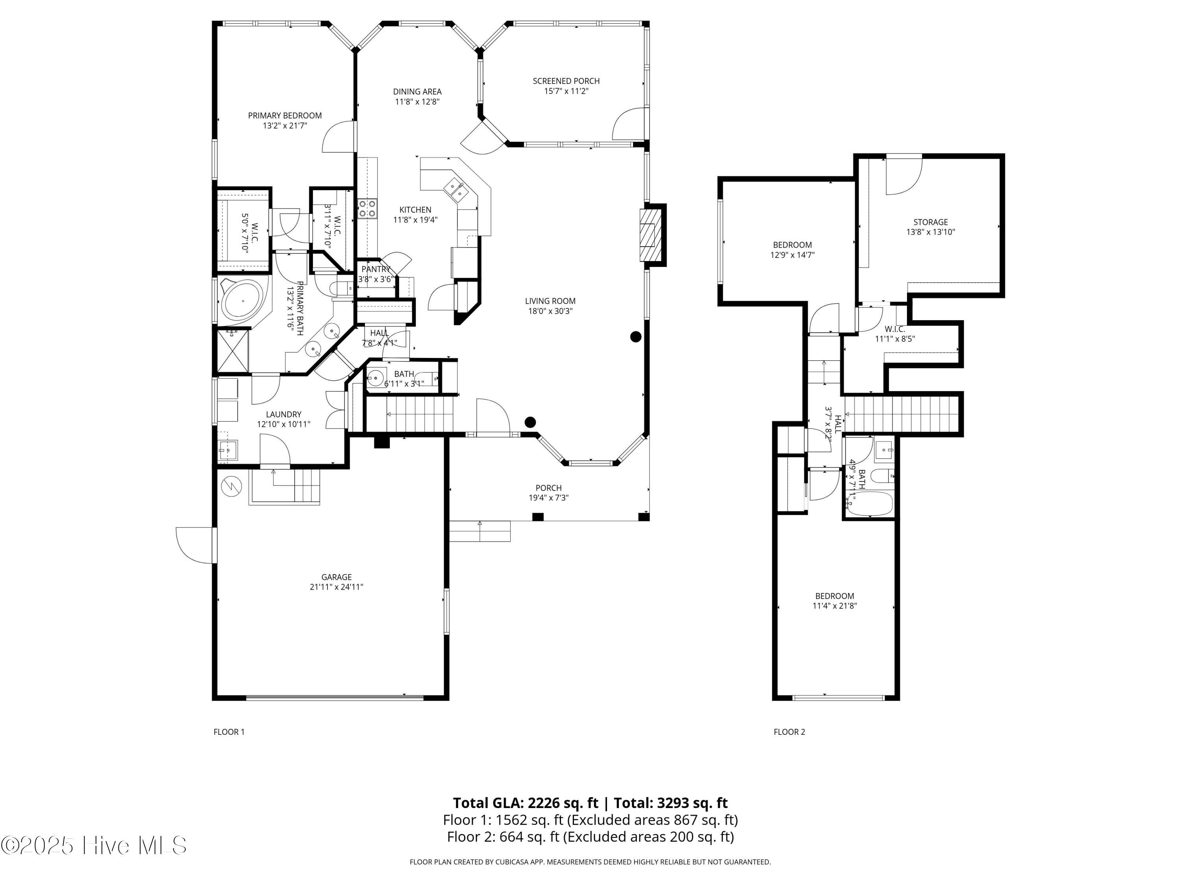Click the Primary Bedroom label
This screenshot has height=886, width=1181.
[285, 116]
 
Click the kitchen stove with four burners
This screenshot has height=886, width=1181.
[367, 208]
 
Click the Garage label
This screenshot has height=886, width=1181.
[336, 577]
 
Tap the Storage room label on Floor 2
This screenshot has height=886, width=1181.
[930, 222]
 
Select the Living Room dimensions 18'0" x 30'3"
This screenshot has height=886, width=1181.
[550, 311]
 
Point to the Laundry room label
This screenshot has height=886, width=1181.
[283, 414]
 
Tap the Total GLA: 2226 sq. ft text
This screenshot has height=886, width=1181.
[526, 803]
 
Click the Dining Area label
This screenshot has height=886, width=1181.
[417, 92]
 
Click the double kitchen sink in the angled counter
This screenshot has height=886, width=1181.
[455, 189]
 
